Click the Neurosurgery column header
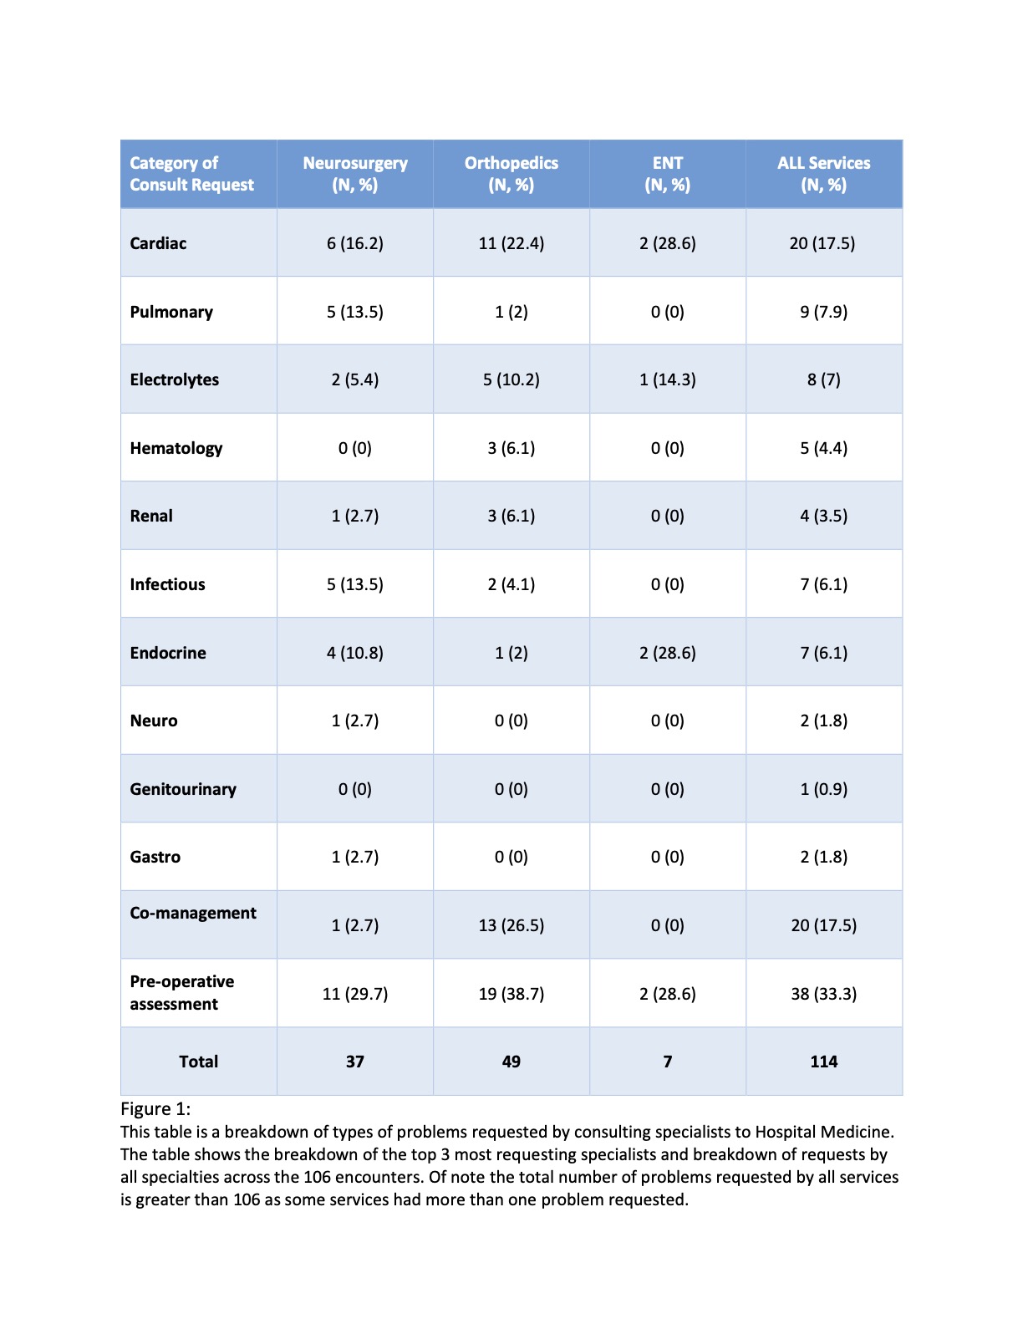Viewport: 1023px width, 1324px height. tap(355, 174)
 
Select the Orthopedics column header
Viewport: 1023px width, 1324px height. tap(511, 174)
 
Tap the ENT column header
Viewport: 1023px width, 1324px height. tap(668, 174)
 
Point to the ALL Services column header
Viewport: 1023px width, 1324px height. tap(824, 174)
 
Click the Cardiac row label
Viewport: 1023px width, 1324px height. tap(158, 243)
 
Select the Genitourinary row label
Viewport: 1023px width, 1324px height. tap(183, 789)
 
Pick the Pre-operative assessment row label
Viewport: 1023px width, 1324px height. tap(181, 993)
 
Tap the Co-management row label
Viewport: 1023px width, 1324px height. tap(193, 913)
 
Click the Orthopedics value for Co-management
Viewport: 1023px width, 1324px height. tap(511, 925)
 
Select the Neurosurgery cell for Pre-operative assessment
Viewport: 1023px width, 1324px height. tap(355, 994)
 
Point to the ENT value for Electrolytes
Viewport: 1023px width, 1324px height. tap(668, 379)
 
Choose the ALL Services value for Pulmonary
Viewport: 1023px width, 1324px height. tap(824, 312)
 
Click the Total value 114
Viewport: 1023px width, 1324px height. tap(824, 1062)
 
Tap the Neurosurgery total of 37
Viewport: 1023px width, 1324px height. tap(355, 1062)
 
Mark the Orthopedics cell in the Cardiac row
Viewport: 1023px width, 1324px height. tap(511, 243)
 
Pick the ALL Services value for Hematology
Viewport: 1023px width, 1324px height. tap(824, 448)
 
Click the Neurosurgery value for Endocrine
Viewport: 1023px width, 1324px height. tap(355, 653)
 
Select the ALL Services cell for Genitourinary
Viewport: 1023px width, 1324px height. tap(824, 789)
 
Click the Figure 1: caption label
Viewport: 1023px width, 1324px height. tap(155, 1109)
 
